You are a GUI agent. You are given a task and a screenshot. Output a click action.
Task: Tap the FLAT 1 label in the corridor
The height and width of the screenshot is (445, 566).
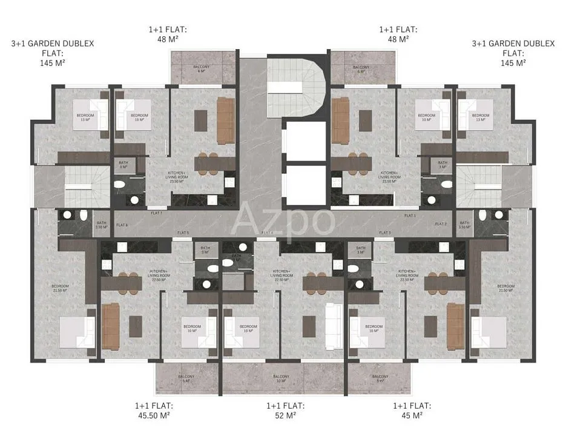[410, 216]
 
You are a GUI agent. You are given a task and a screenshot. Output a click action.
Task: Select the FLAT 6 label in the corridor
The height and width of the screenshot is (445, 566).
[122, 225]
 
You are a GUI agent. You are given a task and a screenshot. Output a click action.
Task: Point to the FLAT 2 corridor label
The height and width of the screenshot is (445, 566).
[441, 224]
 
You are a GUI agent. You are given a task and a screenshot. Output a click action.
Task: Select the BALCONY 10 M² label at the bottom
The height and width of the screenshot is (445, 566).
[281, 378]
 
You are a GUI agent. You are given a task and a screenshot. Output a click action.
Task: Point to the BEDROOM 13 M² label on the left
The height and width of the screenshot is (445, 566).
[84, 117]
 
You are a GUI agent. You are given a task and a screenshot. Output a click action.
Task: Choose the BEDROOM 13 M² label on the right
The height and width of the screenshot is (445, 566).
[481, 117]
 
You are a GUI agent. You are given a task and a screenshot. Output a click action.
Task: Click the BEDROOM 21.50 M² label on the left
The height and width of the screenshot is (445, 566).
[60, 288]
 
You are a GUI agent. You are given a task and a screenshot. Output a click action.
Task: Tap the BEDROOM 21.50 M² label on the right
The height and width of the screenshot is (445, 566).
[505, 288]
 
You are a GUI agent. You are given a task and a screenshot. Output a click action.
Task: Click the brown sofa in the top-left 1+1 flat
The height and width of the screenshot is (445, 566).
[225, 120]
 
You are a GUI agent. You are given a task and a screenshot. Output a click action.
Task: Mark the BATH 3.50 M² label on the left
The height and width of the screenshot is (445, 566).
[100, 225]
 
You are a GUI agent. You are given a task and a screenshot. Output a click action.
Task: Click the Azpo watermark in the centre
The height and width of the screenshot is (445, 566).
[283, 220]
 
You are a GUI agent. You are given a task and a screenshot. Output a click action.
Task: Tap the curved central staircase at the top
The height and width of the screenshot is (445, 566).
[297, 85]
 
